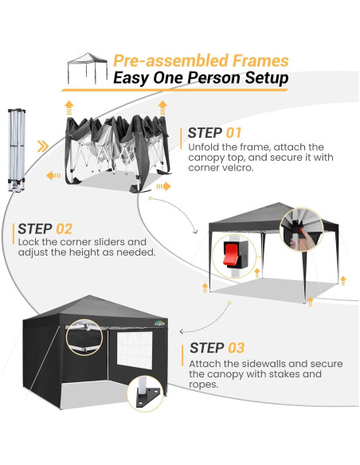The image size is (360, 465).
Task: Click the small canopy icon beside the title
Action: point(87,68)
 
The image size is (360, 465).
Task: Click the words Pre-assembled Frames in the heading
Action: point(200,61)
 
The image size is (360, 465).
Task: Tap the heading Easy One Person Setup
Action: point(200,78)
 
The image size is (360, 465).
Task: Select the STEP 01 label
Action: point(214,133)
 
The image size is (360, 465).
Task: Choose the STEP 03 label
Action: point(217,348)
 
